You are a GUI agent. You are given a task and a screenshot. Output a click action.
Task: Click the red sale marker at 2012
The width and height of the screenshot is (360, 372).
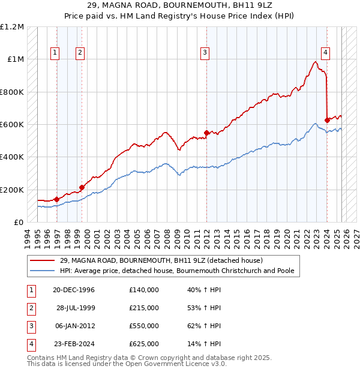[206, 133]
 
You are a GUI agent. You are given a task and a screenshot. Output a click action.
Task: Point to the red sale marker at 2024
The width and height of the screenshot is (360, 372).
[327, 120]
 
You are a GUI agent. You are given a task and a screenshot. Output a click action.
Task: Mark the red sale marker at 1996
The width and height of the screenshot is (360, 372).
[56, 199]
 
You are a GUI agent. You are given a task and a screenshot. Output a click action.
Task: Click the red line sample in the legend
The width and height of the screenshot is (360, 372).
[43, 260]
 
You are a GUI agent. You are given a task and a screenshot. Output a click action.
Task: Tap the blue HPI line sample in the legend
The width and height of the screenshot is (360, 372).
[43, 271]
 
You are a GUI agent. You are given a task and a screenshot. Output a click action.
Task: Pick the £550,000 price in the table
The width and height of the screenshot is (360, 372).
[144, 326]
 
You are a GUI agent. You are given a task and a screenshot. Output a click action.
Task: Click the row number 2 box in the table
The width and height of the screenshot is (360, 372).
[30, 308]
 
